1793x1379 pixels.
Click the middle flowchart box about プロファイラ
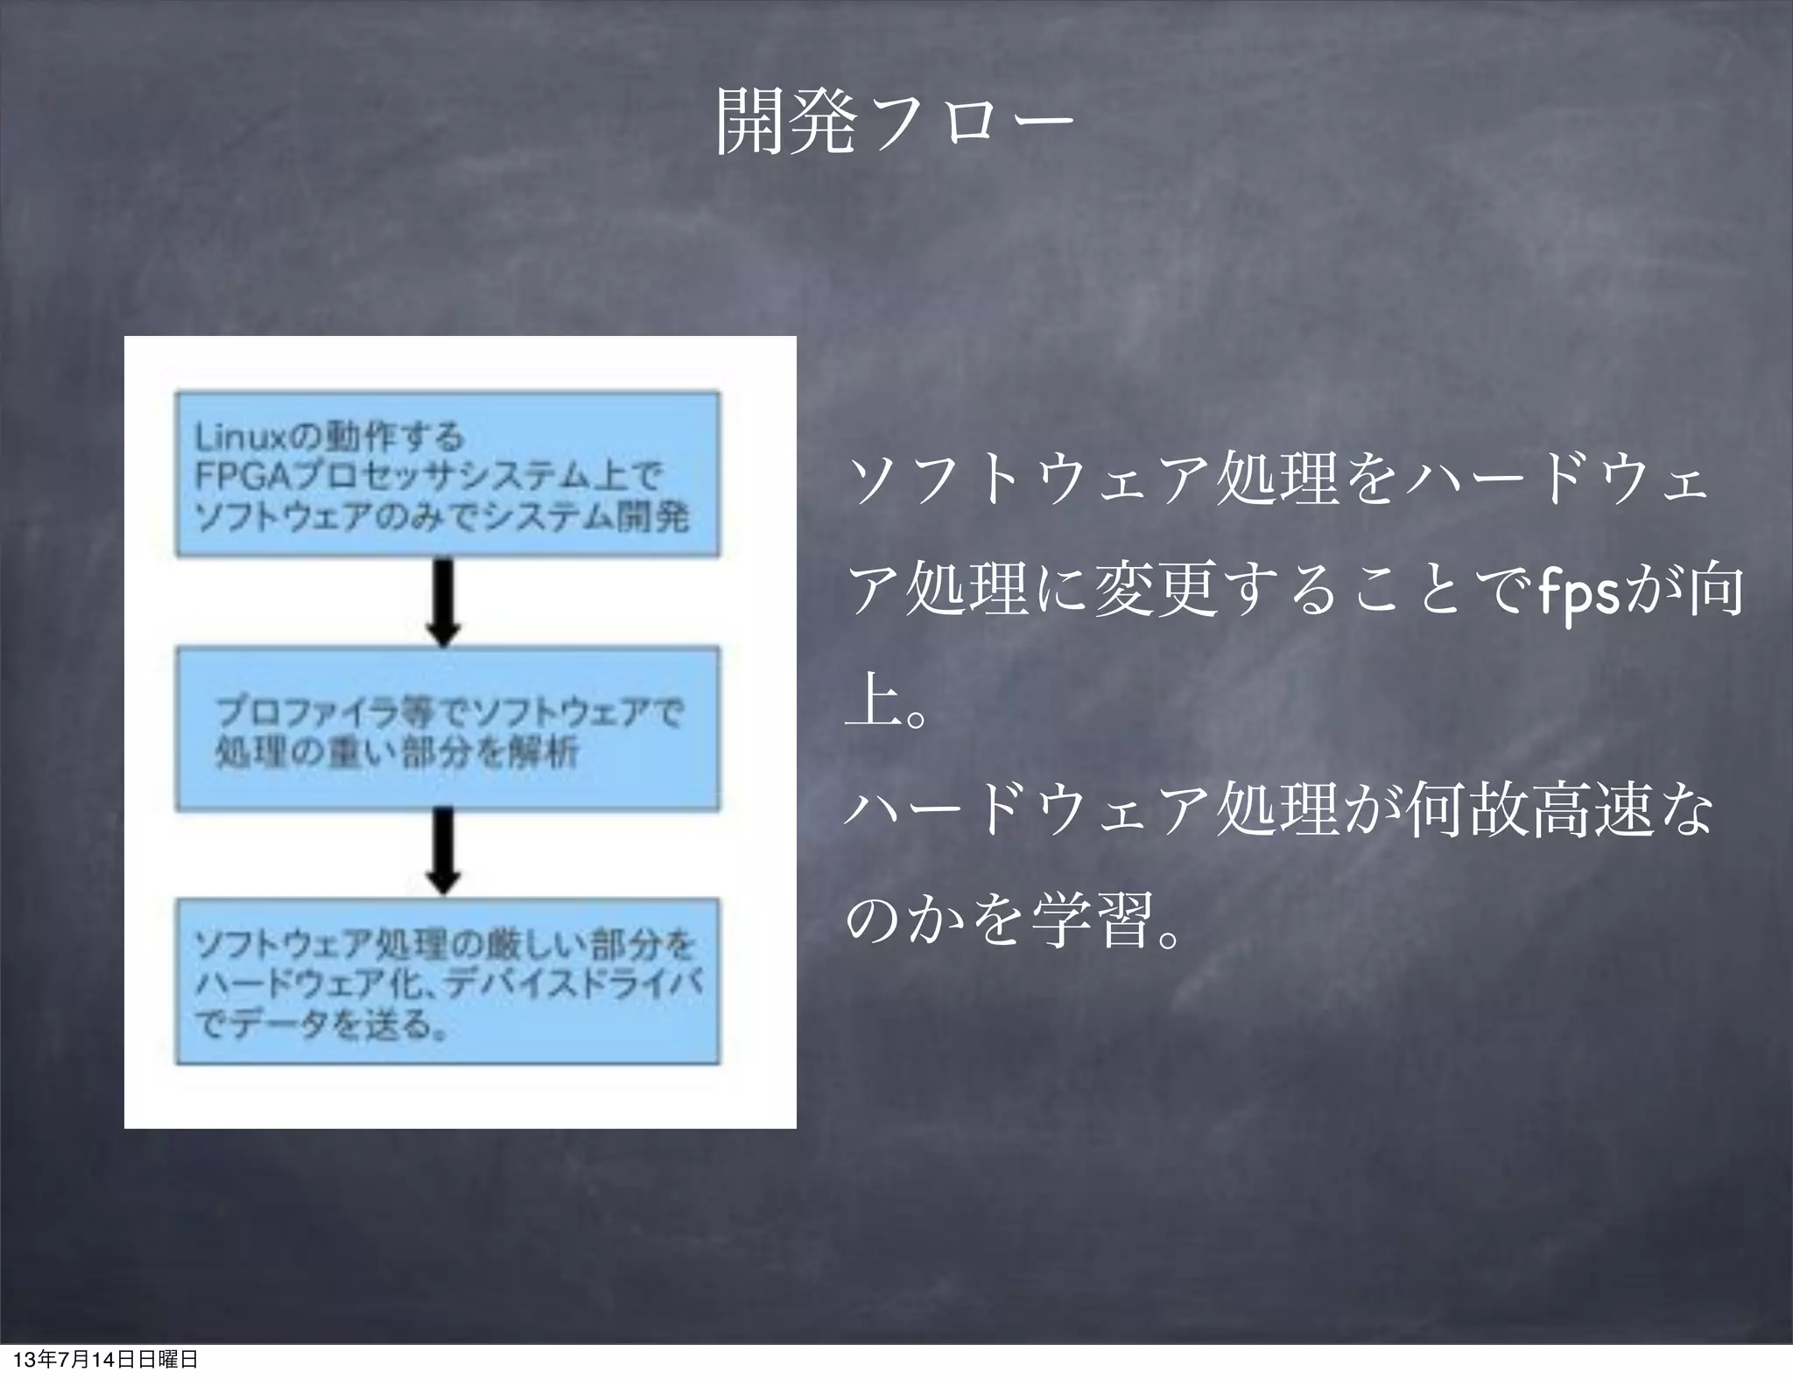click(x=447, y=729)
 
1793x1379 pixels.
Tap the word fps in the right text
click(x=1580, y=592)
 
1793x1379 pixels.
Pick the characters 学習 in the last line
click(x=1091, y=920)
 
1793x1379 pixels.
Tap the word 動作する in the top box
click(x=394, y=436)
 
